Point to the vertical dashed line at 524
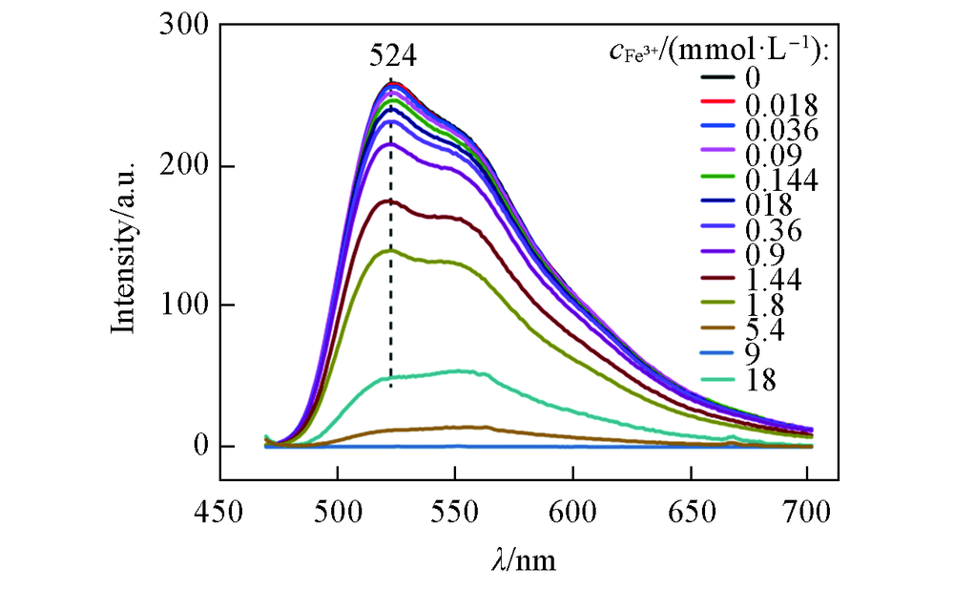click(x=391, y=239)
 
